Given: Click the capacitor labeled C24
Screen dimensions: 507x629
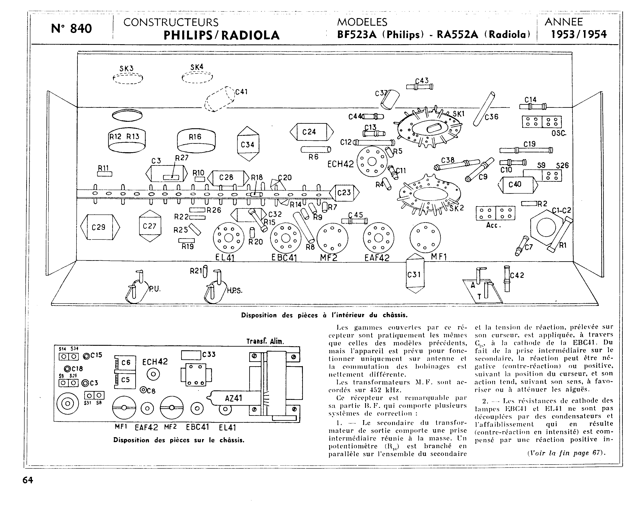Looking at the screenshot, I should (x=311, y=132).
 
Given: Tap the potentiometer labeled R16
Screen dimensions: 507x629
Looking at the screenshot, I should (x=196, y=141).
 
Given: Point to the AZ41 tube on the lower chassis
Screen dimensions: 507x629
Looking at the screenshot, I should (x=234, y=398).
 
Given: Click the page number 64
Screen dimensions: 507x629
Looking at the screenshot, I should (x=28, y=480).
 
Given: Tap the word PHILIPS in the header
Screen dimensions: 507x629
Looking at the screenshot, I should (x=188, y=35).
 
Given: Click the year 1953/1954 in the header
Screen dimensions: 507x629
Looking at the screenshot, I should (x=579, y=34).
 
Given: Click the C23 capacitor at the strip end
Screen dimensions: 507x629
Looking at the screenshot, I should (x=344, y=193).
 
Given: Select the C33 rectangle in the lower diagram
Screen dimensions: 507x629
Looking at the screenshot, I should (x=192, y=355).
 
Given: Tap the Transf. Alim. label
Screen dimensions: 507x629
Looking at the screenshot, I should (x=265, y=341).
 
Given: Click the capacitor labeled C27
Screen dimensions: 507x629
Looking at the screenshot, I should (x=150, y=226).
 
